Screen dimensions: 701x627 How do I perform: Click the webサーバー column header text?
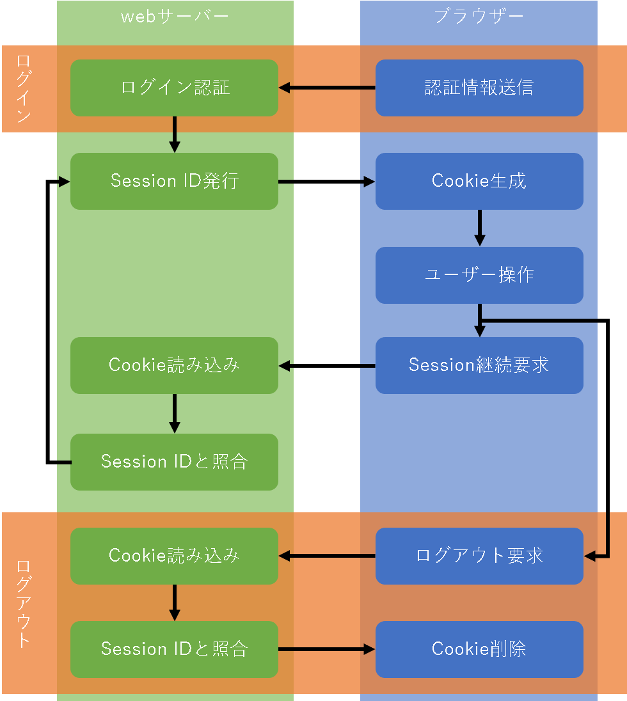(175, 17)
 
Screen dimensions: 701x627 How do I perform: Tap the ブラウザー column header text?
(479, 17)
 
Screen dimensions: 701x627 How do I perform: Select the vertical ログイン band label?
(24, 89)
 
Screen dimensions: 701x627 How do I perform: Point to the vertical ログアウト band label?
(24, 603)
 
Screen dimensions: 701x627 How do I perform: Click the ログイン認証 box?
(174, 88)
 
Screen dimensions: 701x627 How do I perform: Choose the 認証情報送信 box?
(479, 88)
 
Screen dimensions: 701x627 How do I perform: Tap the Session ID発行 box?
(174, 181)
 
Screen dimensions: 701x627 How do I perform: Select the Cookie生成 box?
(479, 181)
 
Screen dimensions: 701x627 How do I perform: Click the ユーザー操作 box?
(479, 275)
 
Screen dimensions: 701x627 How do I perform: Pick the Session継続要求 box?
(479, 365)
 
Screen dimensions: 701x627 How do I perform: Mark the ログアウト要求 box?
(479, 556)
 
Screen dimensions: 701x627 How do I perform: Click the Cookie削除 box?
(479, 649)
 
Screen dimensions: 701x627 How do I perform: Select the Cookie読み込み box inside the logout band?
(174, 556)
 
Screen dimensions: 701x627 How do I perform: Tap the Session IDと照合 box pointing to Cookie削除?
(174, 649)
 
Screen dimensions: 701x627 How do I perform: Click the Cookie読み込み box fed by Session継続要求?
(174, 365)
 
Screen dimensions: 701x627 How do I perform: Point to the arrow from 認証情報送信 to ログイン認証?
(327, 88)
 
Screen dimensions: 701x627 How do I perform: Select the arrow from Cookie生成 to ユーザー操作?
(479, 228)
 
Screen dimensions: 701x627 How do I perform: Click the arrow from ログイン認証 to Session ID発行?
(175, 134)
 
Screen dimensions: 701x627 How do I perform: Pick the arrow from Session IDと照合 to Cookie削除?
(327, 649)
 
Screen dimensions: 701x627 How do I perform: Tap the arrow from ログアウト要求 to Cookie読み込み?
(327, 556)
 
